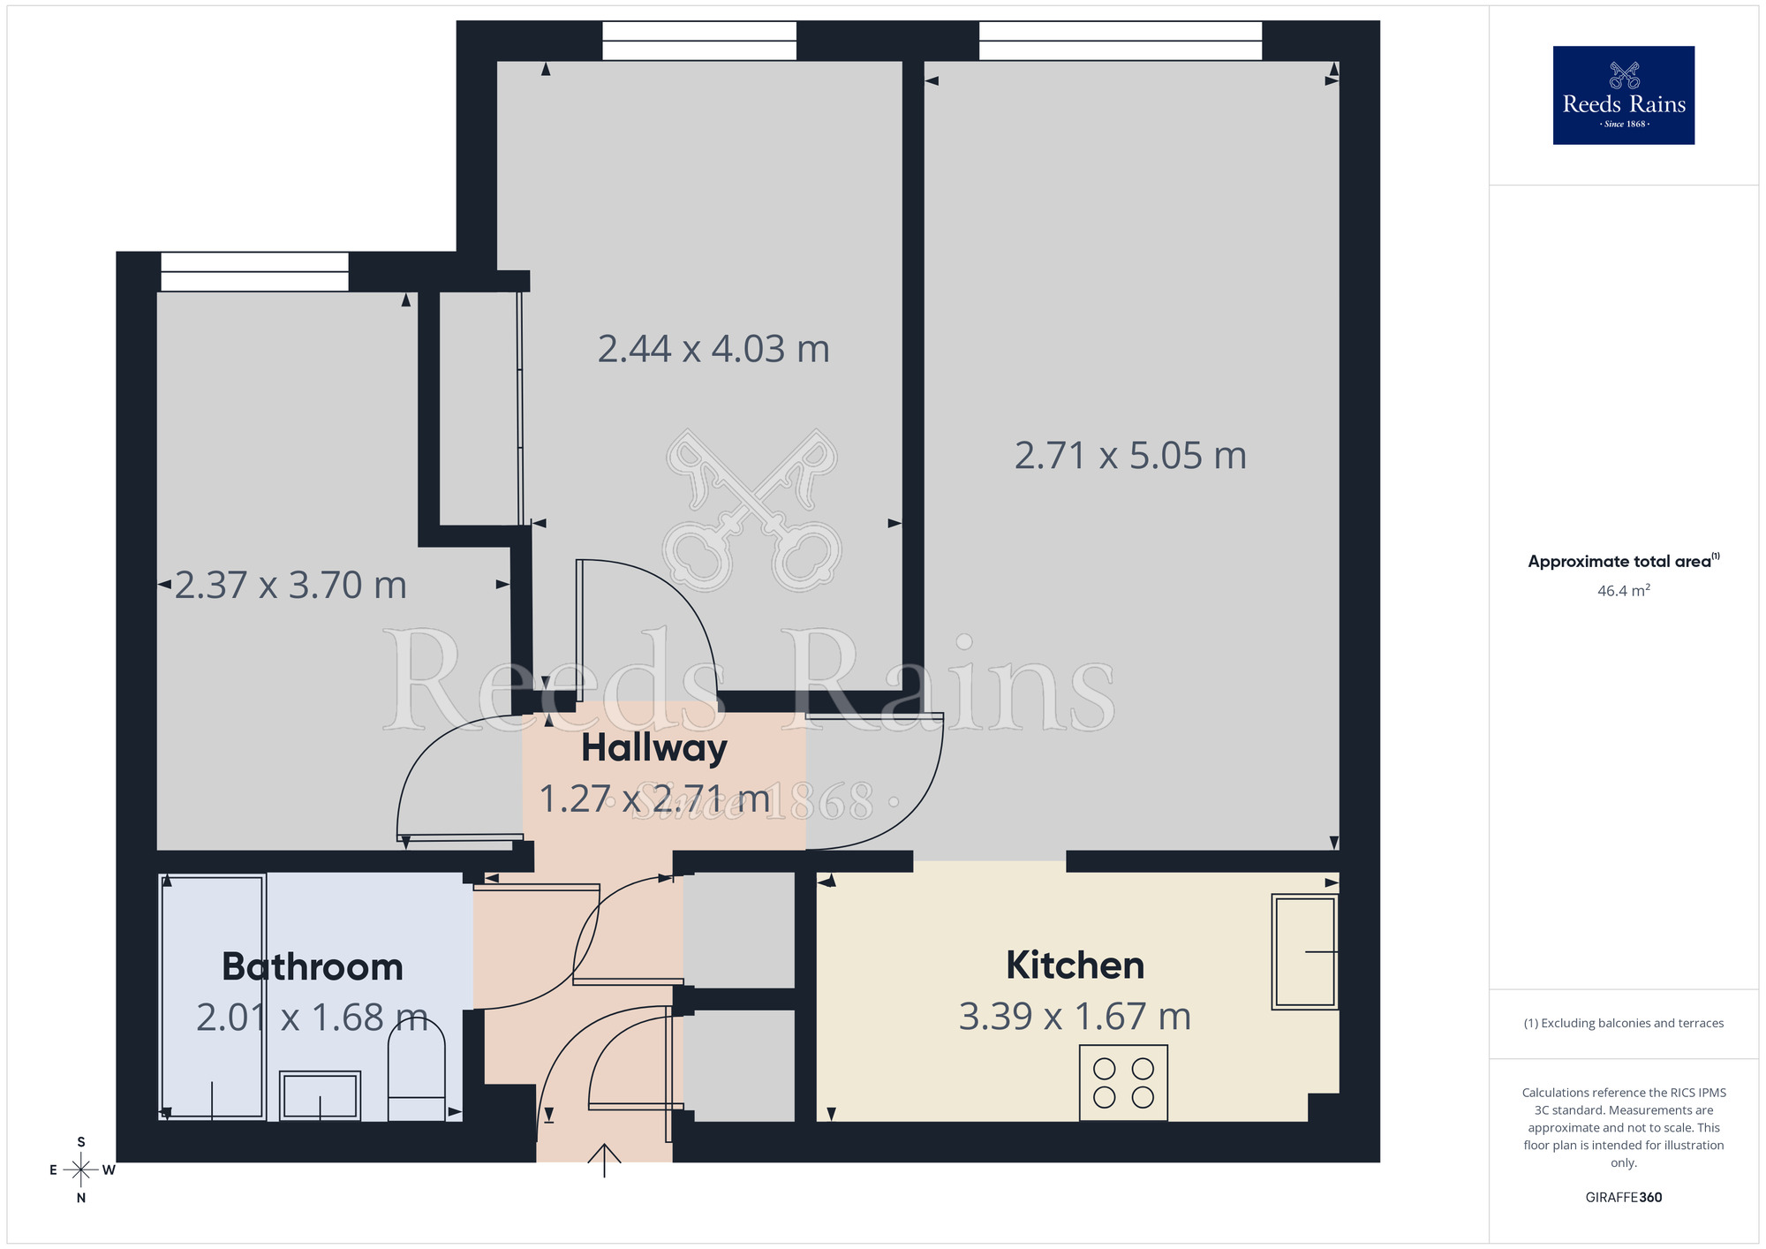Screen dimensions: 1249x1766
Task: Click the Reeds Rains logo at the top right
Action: pos(1623,95)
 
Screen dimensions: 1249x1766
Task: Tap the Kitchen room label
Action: pos(1075,965)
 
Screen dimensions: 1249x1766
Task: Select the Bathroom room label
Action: pos(313,967)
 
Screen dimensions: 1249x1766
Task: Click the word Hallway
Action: pos(654,748)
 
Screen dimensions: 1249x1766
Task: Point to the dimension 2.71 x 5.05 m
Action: pos(1130,456)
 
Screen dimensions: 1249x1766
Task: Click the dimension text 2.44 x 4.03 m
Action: pos(713,349)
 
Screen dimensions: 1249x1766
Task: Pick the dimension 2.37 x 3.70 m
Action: pos(291,585)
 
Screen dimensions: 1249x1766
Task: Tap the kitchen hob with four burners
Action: pos(1123,1083)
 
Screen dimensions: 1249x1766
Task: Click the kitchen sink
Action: pos(1305,951)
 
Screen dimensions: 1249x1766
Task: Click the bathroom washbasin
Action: pos(320,1095)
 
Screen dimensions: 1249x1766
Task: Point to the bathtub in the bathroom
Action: pos(213,996)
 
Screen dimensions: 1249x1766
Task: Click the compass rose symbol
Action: pos(81,1170)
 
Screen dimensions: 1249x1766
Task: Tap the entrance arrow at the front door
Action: pos(605,1160)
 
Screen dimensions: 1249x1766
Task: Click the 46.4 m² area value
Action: pos(1623,591)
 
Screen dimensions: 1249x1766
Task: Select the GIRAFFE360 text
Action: pos(1623,1198)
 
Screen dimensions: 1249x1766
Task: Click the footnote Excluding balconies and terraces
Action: pos(1623,1024)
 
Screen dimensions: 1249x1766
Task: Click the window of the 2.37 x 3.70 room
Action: pos(254,272)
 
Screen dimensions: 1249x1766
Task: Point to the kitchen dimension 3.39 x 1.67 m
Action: pos(1075,1017)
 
